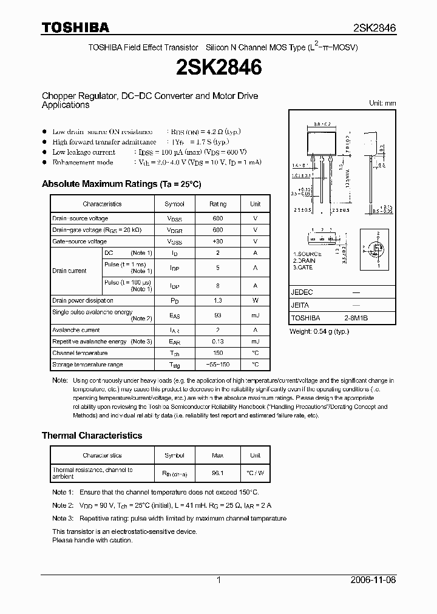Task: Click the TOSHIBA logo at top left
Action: (75, 27)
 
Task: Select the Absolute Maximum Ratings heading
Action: (121, 184)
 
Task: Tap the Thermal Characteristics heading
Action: (92, 436)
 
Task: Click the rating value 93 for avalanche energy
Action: (218, 314)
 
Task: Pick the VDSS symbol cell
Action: (174, 218)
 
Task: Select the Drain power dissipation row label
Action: (83, 300)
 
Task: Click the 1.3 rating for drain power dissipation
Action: (218, 300)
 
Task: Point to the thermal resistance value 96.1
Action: (218, 473)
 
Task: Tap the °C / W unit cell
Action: (255, 473)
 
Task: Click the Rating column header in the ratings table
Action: (218, 204)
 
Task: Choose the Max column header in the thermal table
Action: (218, 455)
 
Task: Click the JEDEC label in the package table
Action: (303, 292)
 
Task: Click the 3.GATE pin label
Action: (303, 268)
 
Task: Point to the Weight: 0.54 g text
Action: (319, 331)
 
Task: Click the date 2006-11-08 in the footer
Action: (374, 580)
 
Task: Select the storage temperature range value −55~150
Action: (218, 365)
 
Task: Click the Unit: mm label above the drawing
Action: (382, 103)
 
